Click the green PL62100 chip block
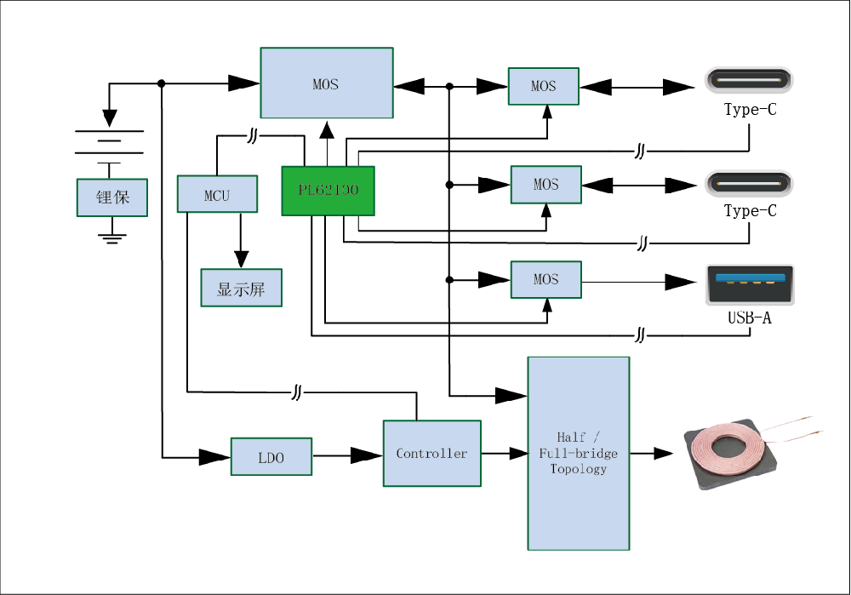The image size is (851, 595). [x=328, y=191]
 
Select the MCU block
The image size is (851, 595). [x=216, y=194]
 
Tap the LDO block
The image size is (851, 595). [x=271, y=457]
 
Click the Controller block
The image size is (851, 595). [x=431, y=453]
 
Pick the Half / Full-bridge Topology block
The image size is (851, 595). [x=579, y=453]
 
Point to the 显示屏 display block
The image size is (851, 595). [x=241, y=288]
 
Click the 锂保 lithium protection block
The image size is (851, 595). [x=112, y=197]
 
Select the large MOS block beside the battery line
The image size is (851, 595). [x=326, y=83]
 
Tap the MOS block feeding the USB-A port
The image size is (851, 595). [x=545, y=280]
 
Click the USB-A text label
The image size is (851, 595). [x=750, y=319]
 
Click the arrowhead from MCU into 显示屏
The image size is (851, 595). [x=241, y=259]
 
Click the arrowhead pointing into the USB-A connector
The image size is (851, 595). [x=680, y=281]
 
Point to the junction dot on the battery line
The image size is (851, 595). [x=162, y=83]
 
